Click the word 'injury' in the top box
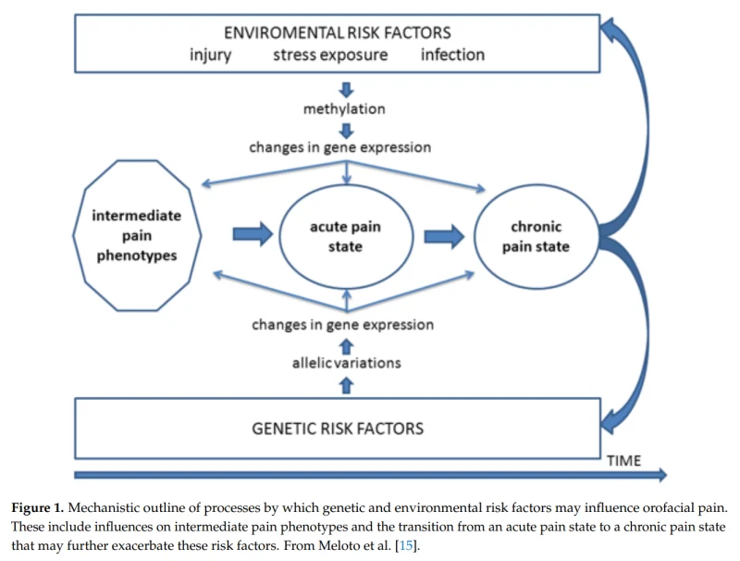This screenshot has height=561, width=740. pyautogui.click(x=211, y=56)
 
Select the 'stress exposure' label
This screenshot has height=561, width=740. pyautogui.click(x=330, y=55)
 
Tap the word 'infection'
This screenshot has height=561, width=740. pyautogui.click(x=452, y=55)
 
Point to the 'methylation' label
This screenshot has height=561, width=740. pyautogui.click(x=344, y=109)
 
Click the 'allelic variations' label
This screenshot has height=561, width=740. pyautogui.click(x=346, y=363)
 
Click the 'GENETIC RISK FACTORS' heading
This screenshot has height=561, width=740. pyautogui.click(x=338, y=429)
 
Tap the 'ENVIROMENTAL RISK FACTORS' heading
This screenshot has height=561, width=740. pyautogui.click(x=338, y=32)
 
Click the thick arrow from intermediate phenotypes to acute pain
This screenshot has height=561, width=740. pyautogui.click(x=253, y=233)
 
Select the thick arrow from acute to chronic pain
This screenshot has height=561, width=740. pyautogui.click(x=444, y=236)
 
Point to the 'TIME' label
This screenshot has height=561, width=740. pyautogui.click(x=623, y=460)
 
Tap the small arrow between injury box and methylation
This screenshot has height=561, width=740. pyautogui.click(x=346, y=90)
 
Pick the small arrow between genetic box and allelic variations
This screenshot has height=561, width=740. pyautogui.click(x=346, y=385)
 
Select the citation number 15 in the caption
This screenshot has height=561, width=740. pyautogui.click(x=405, y=546)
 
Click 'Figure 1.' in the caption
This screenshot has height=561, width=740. pyautogui.click(x=37, y=508)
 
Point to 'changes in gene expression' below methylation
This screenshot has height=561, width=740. pyautogui.click(x=339, y=147)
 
